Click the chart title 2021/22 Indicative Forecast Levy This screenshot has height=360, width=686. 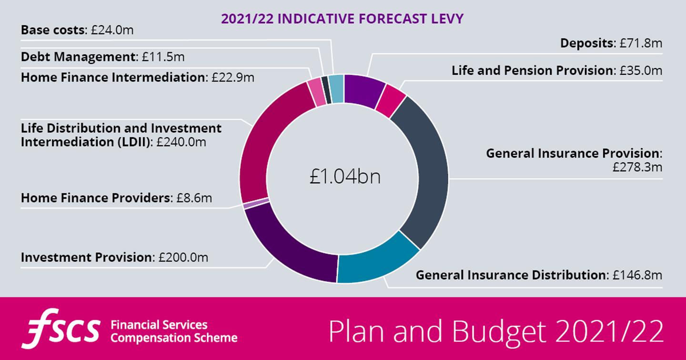pyautogui.click(x=342, y=19)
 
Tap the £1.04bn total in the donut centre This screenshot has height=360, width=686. pyautogui.click(x=344, y=178)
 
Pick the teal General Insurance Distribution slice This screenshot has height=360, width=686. pyautogui.click(x=376, y=261)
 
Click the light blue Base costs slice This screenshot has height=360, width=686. pyautogui.click(x=336, y=89)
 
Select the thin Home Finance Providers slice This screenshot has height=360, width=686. pyautogui.click(x=256, y=204)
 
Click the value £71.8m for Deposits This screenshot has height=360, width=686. pyautogui.click(x=641, y=43)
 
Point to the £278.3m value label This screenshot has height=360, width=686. pyautogui.click(x=637, y=167)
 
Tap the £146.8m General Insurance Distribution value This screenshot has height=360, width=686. pyautogui.click(x=637, y=275)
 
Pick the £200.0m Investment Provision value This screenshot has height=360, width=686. pyautogui.click(x=184, y=258)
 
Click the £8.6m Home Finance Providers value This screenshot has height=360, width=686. pyautogui.click(x=194, y=198)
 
